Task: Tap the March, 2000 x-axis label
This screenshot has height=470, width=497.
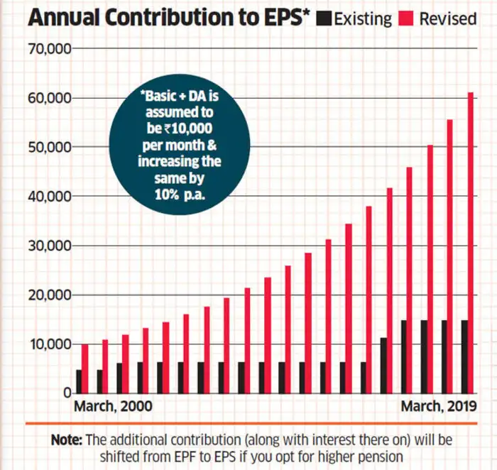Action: tap(114, 408)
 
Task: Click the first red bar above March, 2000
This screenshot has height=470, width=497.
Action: tap(85, 368)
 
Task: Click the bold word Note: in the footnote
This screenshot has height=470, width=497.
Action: tap(68, 440)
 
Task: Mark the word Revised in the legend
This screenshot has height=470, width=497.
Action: tap(447, 18)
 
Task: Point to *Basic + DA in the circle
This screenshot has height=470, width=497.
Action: tap(175, 97)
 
